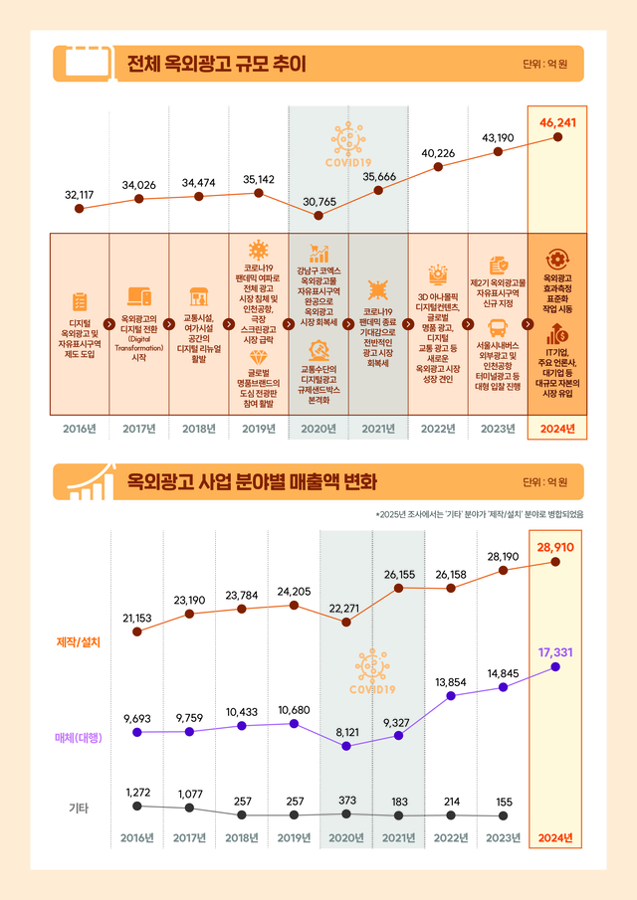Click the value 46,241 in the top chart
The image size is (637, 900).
pyautogui.click(x=558, y=122)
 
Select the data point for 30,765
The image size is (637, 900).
pyautogui.click(x=318, y=215)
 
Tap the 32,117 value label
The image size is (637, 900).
pyautogui.click(x=78, y=193)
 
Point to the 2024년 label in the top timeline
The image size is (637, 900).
pyautogui.click(x=557, y=429)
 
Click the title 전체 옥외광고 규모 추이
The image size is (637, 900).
pyautogui.click(x=215, y=65)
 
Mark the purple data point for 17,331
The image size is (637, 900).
pyautogui.click(x=555, y=666)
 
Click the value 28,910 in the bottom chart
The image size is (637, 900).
pyautogui.click(x=555, y=547)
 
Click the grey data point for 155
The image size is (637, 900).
pyautogui.click(x=504, y=815)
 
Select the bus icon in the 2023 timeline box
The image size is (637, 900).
pyautogui.click(x=498, y=329)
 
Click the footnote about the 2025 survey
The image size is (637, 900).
pyautogui.click(x=479, y=514)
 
